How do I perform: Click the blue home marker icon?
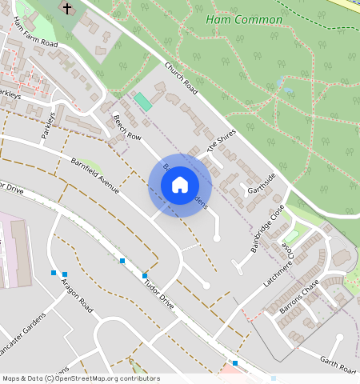click(x=180, y=185)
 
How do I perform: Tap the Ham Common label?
click(x=244, y=19)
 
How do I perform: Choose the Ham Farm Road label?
click(x=36, y=33)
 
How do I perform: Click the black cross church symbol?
click(x=66, y=9)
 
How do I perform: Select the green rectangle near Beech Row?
click(x=142, y=102)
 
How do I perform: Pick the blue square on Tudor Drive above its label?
click(x=145, y=276)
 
